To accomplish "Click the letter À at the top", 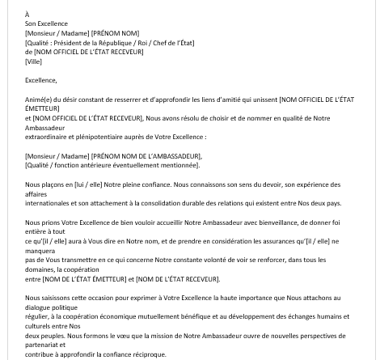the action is [x=27, y=15].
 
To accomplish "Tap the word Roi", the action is [x=145, y=43].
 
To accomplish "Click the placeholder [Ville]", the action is [x=33, y=61].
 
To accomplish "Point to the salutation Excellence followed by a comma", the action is [x=40, y=80].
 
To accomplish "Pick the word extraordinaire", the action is [x=47, y=138].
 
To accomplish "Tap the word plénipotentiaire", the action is [x=100, y=138].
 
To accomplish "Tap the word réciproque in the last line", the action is [x=148, y=354].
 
